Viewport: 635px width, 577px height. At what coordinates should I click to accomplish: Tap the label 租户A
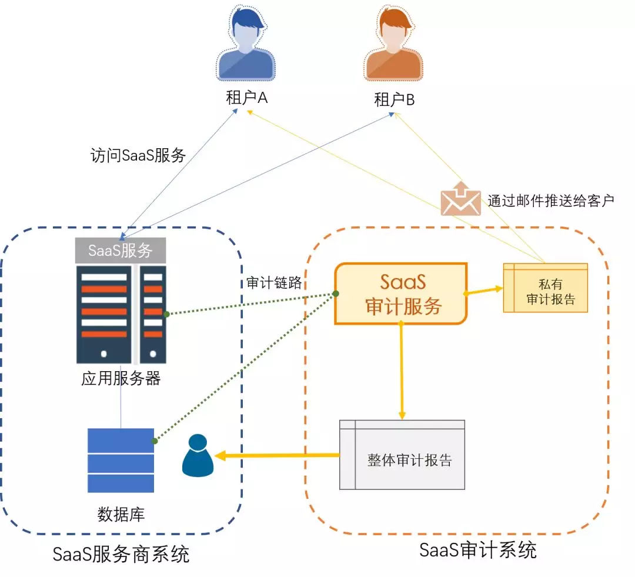[x=247, y=98]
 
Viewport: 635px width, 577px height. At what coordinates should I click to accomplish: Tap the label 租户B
[x=394, y=100]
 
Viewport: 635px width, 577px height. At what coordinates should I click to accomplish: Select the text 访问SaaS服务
[x=138, y=155]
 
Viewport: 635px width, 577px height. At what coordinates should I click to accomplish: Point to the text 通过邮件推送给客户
[x=550, y=200]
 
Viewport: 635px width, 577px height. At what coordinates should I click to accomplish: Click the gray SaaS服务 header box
[x=120, y=251]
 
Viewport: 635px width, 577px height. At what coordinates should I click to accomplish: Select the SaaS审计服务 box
[x=402, y=293]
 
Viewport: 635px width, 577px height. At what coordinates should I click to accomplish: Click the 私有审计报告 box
[x=545, y=288]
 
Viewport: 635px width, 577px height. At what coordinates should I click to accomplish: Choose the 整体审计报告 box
[x=402, y=454]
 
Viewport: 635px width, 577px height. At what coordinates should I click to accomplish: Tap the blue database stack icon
[x=121, y=460]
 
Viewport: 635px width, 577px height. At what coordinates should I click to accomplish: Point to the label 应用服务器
[x=121, y=378]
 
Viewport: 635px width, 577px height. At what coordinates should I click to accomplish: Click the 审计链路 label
[x=273, y=282]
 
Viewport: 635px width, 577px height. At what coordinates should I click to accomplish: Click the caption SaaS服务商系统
[x=121, y=553]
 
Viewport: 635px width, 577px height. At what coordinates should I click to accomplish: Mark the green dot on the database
[x=155, y=441]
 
